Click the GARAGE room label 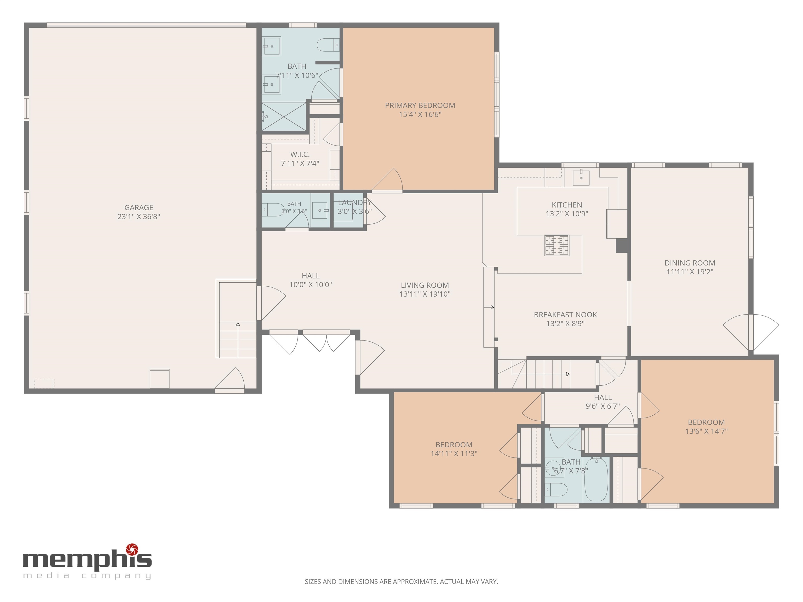(x=139, y=207)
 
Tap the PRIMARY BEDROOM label (x=420, y=106)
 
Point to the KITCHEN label (x=567, y=205)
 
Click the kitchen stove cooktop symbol (x=557, y=245)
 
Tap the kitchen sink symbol (x=581, y=177)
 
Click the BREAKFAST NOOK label (x=565, y=315)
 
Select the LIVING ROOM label (x=425, y=286)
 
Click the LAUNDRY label (x=355, y=202)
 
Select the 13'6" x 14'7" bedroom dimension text (x=707, y=431)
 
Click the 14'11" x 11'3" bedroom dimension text (x=454, y=454)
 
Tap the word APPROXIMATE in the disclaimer (x=415, y=582)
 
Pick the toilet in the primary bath (x=328, y=45)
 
